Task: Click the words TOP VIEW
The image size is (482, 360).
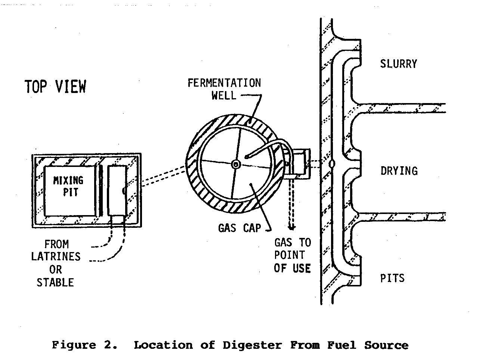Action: pos(55,87)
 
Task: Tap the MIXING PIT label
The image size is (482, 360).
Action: pos(68,186)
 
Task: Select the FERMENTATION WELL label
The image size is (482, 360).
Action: pos(224,89)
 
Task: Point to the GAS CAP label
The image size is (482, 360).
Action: pos(240,227)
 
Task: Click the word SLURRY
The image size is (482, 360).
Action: pos(398,64)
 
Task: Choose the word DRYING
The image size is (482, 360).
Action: pos(399,171)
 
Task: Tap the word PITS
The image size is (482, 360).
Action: pos(392,278)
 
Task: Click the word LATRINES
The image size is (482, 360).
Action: pos(56,257)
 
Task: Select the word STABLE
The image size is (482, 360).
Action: pos(55,282)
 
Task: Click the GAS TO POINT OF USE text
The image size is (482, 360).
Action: pos(293,255)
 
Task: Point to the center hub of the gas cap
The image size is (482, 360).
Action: pos(235,164)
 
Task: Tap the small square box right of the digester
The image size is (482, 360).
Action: pos(300,163)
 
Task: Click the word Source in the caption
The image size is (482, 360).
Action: pos(386,345)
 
